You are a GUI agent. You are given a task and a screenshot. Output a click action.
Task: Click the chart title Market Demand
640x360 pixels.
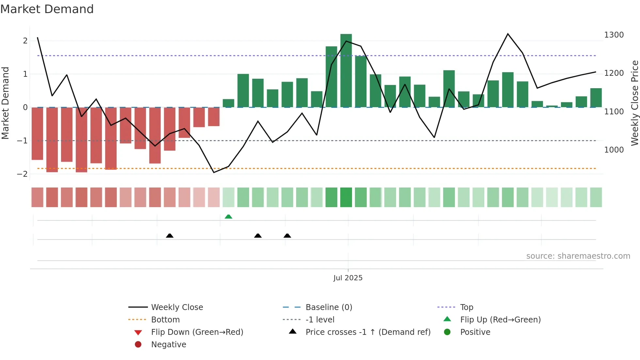(x=47, y=9)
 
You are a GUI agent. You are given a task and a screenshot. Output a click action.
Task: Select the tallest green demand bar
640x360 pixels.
(x=346, y=70)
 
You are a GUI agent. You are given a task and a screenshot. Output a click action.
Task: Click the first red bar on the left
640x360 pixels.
(x=37, y=133)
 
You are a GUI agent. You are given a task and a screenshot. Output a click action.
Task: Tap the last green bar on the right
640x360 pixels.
(x=596, y=98)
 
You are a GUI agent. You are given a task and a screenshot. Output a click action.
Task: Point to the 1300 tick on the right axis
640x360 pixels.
(x=614, y=35)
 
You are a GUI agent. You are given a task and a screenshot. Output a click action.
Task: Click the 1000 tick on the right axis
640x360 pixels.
(x=614, y=150)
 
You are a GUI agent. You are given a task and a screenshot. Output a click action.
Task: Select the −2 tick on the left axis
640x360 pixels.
(x=22, y=174)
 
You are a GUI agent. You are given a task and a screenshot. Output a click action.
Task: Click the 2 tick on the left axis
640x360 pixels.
(x=25, y=41)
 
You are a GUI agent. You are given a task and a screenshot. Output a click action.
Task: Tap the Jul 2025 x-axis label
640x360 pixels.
(x=348, y=278)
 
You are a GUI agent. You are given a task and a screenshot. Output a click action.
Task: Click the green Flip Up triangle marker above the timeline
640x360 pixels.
(x=229, y=217)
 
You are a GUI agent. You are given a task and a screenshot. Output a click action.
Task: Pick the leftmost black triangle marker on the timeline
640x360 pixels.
(x=169, y=236)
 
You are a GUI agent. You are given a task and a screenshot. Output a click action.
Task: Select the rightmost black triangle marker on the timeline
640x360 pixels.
(x=287, y=236)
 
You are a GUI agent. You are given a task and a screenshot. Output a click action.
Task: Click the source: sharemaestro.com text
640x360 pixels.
(x=578, y=256)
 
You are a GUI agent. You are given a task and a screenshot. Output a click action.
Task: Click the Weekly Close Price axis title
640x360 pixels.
(x=634, y=103)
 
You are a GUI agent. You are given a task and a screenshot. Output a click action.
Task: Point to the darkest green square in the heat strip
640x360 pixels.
(x=346, y=197)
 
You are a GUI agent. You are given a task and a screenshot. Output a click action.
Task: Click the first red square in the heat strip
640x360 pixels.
(x=37, y=197)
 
